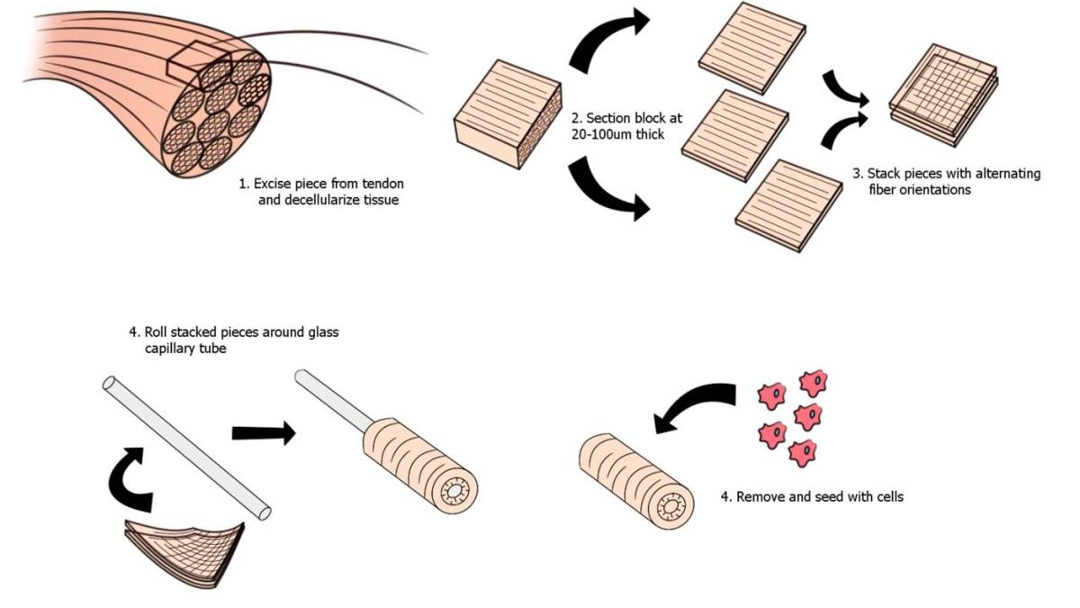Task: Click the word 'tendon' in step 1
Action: point(382,184)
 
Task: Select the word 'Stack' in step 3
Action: point(886,174)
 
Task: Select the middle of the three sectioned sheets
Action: point(734,134)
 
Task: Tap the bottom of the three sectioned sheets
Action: point(787,205)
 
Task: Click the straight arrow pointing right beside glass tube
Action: point(263,433)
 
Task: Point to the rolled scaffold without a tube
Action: point(635,479)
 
